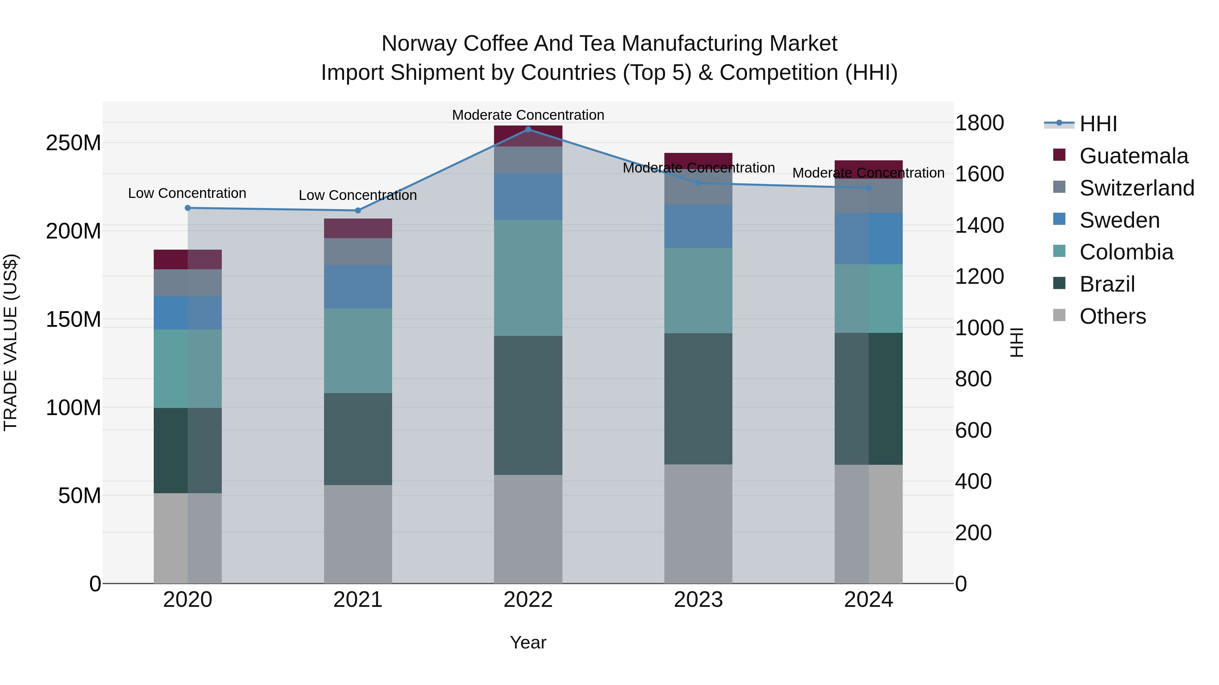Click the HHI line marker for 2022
[528, 129]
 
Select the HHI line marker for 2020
[188, 208]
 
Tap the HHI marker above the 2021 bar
[358, 210]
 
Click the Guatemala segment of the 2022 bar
[528, 136]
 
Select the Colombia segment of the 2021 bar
[358, 351]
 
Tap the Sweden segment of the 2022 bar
[528, 197]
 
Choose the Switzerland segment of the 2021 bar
[358, 251]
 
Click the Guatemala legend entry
[1133, 156]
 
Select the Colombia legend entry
[1126, 252]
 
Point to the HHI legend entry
[1098, 124]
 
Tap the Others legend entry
[1112, 316]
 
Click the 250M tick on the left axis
[73, 143]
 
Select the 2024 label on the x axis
[868, 600]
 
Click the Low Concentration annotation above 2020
[187, 193]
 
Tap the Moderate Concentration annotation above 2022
[528, 115]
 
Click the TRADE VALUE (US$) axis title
[11, 342]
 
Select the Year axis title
[528, 642]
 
